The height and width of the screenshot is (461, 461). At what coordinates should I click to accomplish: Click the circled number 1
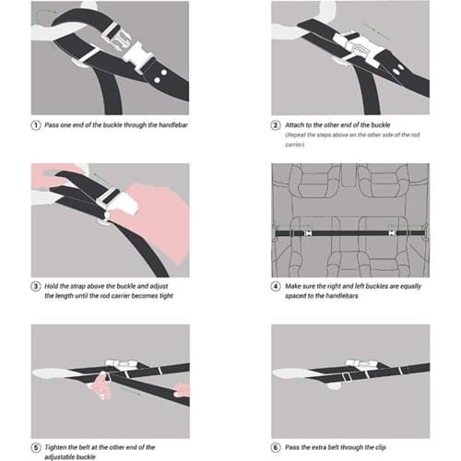coord(36,125)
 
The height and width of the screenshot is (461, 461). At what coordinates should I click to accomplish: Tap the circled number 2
coord(276,125)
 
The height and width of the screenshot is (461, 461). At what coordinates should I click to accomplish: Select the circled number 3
coord(36,286)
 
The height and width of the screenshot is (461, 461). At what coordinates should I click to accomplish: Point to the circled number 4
coord(276,286)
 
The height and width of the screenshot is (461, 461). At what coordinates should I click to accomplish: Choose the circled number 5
coord(36,447)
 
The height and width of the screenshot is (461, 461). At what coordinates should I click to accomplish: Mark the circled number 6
coord(276,447)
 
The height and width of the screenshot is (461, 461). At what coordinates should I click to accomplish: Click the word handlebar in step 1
coord(173,124)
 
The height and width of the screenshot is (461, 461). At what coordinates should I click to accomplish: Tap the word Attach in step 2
coord(294,124)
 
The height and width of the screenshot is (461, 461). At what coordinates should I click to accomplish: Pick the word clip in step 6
coord(380,447)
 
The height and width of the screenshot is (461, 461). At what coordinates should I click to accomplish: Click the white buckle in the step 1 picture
coord(123,47)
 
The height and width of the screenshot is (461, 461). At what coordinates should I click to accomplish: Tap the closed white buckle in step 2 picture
coord(359,48)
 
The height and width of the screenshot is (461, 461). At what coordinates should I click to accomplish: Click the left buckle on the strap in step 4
coord(308,233)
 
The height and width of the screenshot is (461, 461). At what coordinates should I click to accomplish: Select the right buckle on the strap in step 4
coord(392,233)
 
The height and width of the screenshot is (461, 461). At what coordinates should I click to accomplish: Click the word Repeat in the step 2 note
coord(296,135)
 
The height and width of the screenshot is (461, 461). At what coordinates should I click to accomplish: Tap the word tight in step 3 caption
coord(166,296)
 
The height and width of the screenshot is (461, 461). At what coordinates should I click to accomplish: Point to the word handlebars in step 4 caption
coord(342,296)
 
